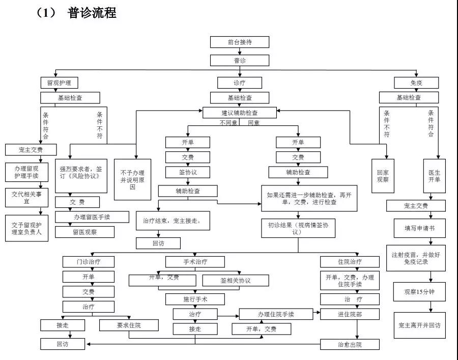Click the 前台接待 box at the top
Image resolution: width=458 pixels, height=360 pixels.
pos(240,42)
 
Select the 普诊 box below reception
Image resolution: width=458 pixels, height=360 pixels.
pos(240,61)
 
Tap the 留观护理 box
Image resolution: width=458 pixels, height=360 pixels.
pos(60,83)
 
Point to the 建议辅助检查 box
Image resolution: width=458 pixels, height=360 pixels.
pos(240,113)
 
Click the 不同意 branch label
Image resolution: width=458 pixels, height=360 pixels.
pos(230,123)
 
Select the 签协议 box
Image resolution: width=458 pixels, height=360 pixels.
pos(187,172)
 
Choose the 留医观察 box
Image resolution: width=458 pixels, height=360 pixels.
pos(85,232)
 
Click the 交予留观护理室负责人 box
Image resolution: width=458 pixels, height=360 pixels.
pos(27,228)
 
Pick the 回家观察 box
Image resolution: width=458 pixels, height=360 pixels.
pos(382,176)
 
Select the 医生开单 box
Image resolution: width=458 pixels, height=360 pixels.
pos(435,176)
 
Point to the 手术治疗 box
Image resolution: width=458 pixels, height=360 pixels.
pos(195,262)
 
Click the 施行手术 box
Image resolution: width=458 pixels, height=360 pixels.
pos(195,299)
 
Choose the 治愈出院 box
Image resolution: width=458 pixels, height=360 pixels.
pos(350,345)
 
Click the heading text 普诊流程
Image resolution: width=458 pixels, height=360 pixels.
pos(92,13)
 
